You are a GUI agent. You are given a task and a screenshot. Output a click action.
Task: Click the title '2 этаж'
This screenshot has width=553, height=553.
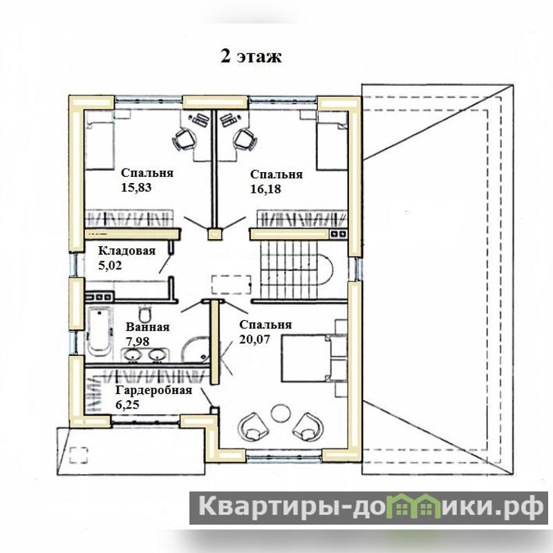pos(251,56)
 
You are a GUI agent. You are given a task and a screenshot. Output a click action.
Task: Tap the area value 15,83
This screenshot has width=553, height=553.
pos(136,187)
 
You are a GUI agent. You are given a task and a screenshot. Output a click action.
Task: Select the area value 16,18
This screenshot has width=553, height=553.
pos(265,189)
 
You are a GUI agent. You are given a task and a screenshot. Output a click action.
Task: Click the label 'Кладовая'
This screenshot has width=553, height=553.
pos(126,251)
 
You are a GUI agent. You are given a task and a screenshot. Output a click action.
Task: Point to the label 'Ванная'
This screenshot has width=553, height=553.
pos(147,327)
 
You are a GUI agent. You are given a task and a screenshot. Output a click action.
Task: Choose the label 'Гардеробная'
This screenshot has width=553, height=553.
pos(153,390)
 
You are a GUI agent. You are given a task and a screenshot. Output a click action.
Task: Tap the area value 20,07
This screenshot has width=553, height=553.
pos(254,339)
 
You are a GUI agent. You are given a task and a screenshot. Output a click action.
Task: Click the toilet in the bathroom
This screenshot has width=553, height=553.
pos(145,312)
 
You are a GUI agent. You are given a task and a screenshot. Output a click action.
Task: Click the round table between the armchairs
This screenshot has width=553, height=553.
pos(281,412)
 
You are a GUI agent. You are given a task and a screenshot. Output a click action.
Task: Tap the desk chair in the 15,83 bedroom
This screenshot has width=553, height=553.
pos(184,139)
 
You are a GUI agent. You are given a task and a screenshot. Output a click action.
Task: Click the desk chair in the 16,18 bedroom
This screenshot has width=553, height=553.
pos(245,139)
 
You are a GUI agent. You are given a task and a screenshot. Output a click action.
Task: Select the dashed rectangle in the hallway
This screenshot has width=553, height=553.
pos(232,284)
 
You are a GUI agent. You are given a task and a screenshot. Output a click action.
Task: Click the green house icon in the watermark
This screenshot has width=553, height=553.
pos(418,507)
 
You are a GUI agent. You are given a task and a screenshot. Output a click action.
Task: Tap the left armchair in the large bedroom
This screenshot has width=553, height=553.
pos(253,427)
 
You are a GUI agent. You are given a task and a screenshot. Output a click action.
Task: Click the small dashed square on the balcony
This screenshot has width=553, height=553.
pos(79,455)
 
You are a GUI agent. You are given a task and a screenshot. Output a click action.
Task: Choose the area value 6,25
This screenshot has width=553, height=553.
pos(127,404)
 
